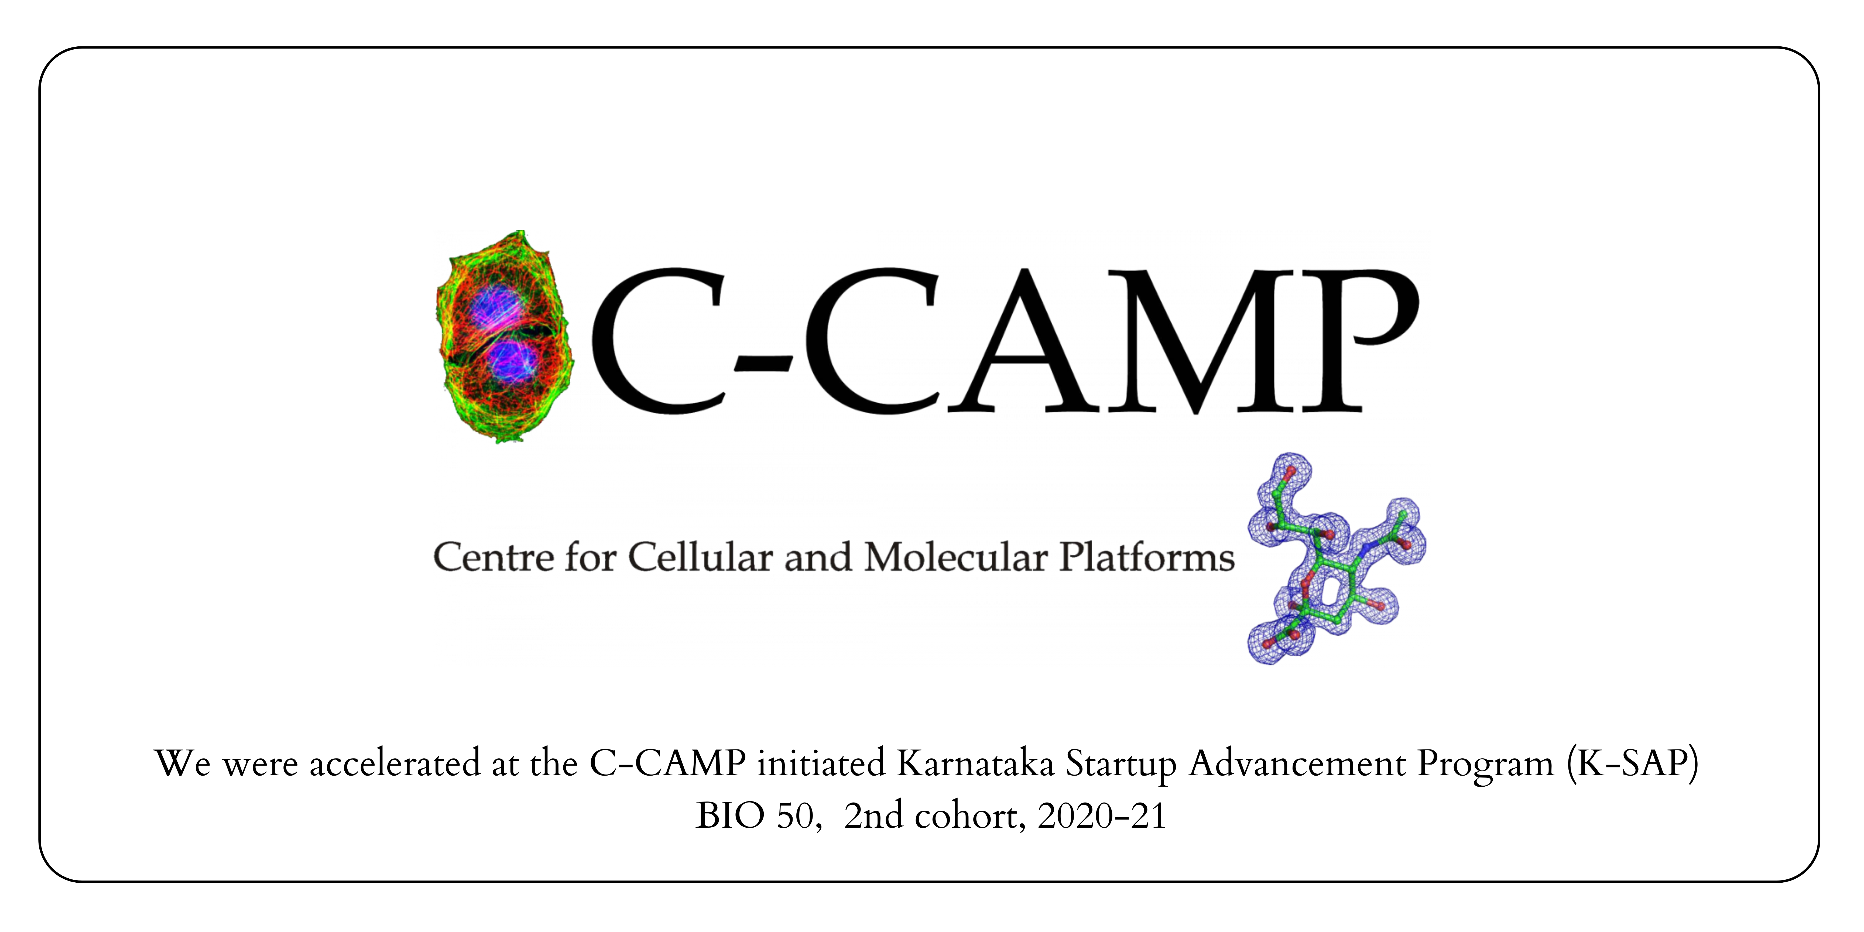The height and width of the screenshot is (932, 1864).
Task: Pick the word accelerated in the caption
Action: tap(394, 763)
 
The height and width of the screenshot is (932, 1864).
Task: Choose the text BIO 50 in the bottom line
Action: tap(757, 816)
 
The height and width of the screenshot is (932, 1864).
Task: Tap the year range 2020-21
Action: tap(1101, 816)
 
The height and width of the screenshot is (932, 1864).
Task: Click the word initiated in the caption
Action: tap(821, 763)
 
